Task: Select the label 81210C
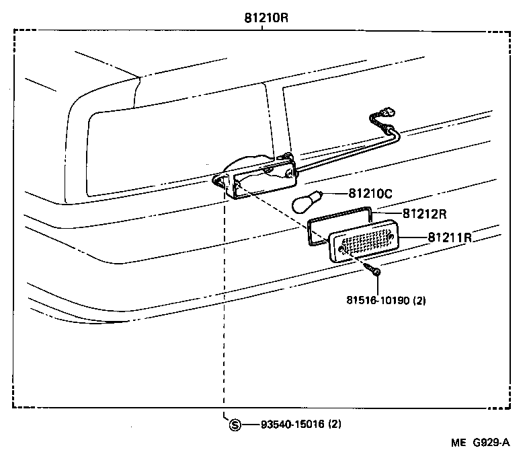click(370, 194)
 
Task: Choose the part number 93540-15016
click(292, 425)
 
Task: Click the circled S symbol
click(235, 425)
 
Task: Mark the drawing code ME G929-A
click(480, 443)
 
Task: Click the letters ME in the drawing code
click(458, 443)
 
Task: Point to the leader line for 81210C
click(336, 194)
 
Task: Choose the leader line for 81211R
click(415, 238)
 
